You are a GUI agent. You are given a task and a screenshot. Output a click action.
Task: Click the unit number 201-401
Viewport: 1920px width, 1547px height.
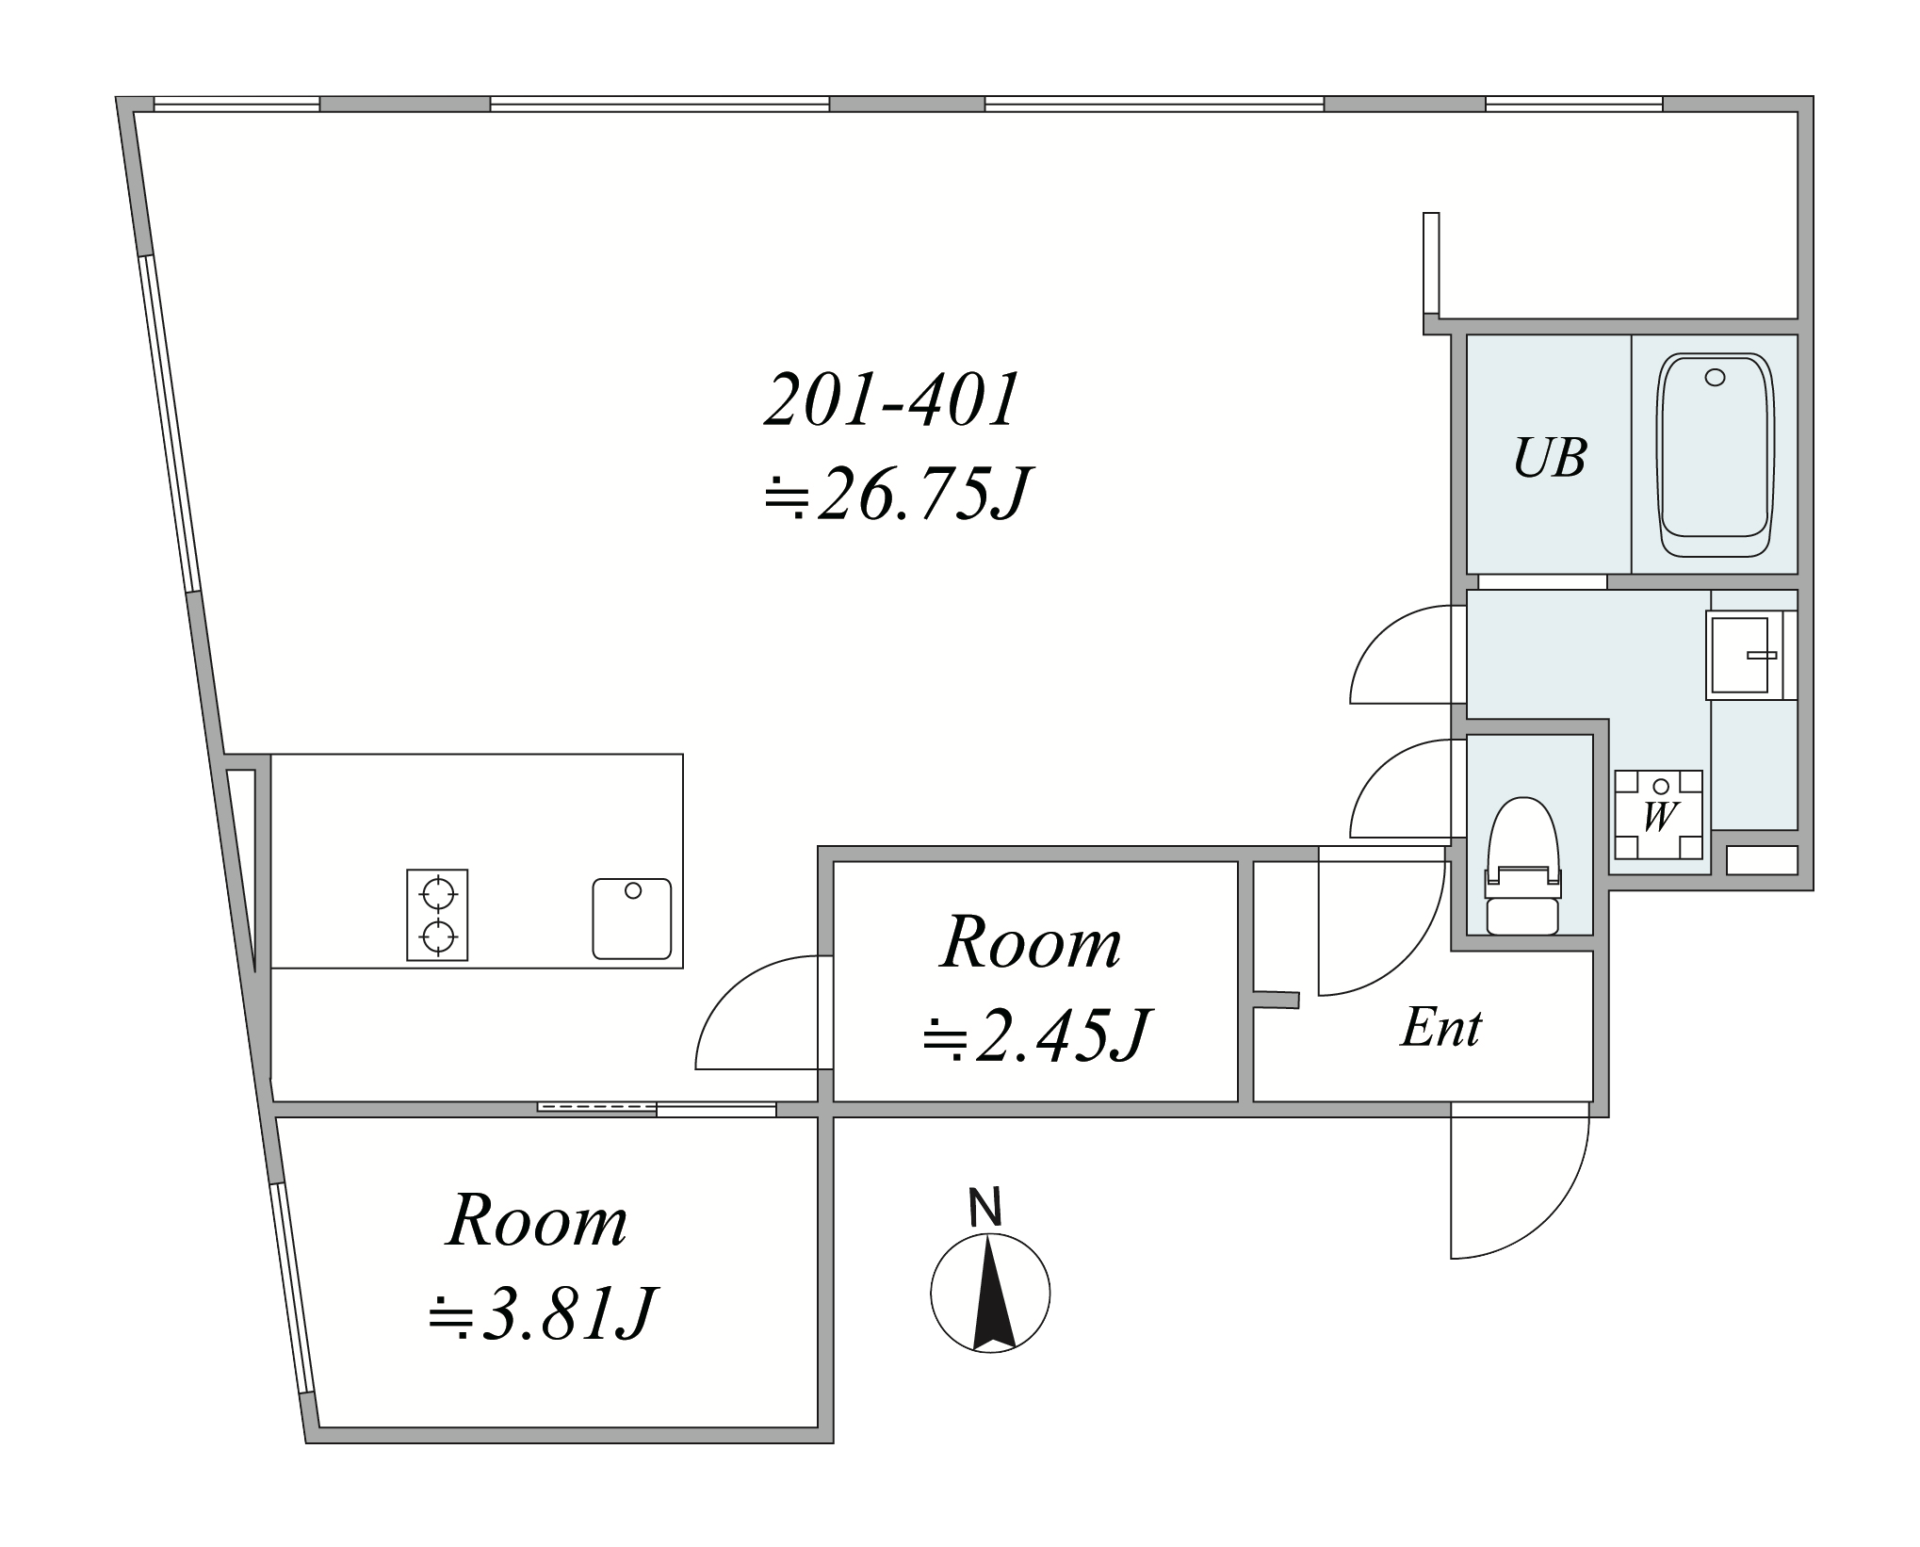click(x=891, y=400)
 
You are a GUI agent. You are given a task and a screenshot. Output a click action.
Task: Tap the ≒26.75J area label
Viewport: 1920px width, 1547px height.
click(x=893, y=495)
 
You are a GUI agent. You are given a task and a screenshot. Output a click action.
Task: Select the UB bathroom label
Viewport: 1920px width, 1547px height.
click(x=1550, y=458)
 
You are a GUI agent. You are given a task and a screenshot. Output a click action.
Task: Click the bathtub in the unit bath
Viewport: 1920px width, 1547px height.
click(x=1715, y=457)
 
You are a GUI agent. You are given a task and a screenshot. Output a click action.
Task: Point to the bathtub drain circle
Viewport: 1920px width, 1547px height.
click(x=1715, y=377)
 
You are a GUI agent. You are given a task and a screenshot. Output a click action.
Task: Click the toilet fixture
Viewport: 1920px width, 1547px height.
click(x=1522, y=866)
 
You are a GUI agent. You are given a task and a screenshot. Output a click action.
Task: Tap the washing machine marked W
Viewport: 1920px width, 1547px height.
click(x=1658, y=814)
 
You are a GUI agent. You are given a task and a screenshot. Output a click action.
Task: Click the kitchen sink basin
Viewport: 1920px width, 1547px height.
click(x=632, y=919)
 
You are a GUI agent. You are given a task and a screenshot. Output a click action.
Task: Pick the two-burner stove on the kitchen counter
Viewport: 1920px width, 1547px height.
click(x=437, y=915)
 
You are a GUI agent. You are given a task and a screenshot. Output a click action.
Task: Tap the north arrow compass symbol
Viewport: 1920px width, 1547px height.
click(x=990, y=1293)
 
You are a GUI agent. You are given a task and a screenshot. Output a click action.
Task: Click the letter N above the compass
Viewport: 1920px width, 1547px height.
click(x=985, y=1208)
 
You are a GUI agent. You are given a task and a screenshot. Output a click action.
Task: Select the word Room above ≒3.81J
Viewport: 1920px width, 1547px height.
click(x=537, y=1220)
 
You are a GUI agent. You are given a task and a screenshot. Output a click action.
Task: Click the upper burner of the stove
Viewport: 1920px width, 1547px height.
click(x=437, y=891)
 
